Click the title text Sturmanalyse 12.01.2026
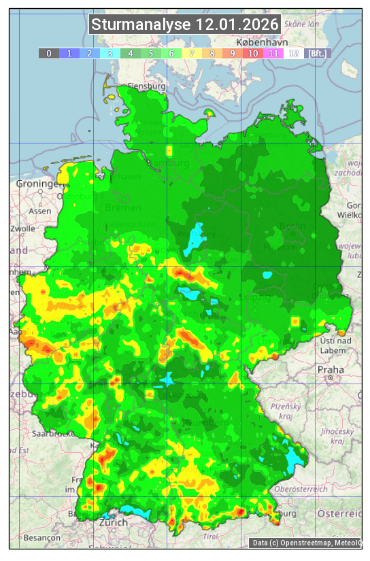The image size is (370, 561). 185,25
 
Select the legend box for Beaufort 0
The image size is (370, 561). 48,53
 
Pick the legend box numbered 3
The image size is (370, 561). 110,53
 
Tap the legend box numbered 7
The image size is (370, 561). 192,53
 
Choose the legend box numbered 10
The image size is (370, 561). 253,53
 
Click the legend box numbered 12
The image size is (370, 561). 294,53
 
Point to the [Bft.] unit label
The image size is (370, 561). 317,53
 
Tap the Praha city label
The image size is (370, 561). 330,369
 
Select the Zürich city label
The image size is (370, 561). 113,522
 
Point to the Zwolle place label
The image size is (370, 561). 22,228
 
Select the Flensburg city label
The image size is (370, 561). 147,87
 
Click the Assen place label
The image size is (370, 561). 40,211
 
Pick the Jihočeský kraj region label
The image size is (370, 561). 338,436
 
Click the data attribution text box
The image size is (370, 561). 305,543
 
